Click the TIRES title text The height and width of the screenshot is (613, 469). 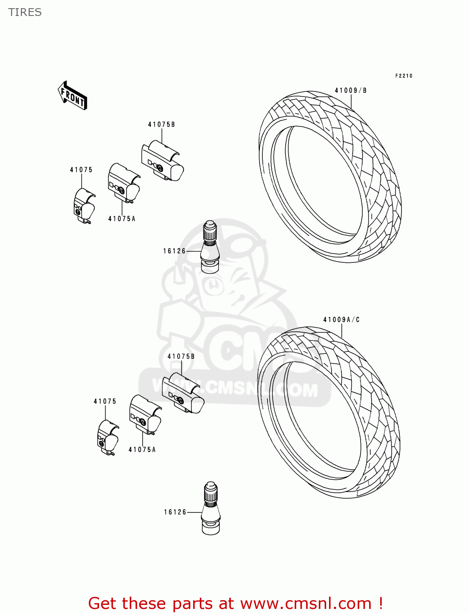25,12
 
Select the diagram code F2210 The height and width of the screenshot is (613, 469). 404,76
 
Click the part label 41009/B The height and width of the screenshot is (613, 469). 351,90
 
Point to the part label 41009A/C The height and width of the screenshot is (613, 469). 341,320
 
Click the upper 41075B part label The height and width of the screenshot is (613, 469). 161,124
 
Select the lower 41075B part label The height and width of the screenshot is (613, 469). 181,356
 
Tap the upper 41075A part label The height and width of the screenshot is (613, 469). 122,219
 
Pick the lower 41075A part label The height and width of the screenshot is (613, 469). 142,450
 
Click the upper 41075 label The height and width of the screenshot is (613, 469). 81,170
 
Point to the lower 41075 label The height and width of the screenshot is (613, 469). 105,401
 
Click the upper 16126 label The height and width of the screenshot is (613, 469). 174,251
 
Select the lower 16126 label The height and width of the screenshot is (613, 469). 175,512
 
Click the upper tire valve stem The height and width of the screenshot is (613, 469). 210,247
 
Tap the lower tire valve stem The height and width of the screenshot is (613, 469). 211,508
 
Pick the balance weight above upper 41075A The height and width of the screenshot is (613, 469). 124,183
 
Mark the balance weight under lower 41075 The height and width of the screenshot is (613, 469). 108,438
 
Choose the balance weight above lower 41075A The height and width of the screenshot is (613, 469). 145,414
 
